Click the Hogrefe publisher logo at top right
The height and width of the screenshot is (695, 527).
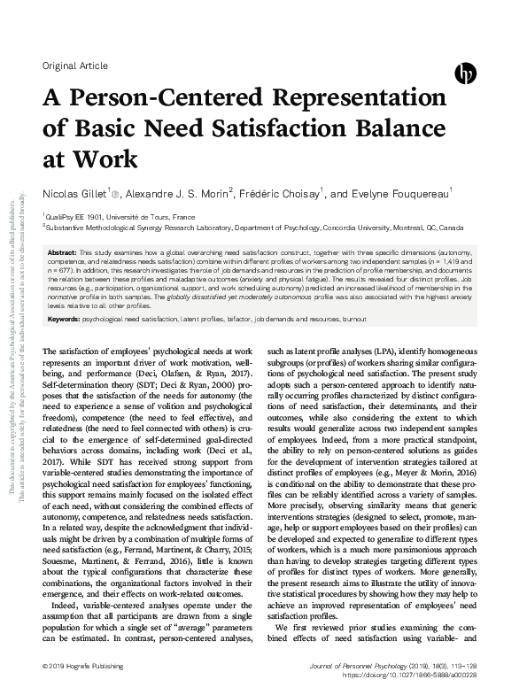(x=465, y=73)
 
